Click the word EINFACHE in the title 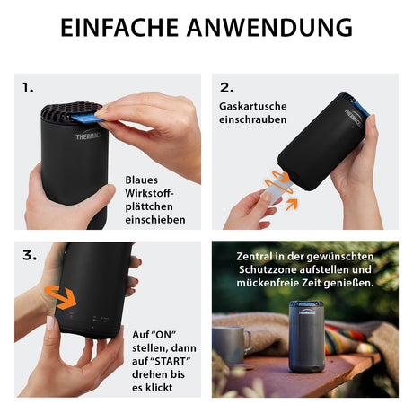(x=119, y=28)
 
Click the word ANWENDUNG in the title (x=270, y=28)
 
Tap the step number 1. (x=28, y=88)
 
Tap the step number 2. (x=227, y=88)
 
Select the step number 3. (x=30, y=256)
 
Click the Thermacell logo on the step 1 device (x=89, y=136)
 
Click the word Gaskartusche (x=253, y=107)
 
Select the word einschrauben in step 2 (x=253, y=119)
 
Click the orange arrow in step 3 (x=61, y=297)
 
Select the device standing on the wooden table (x=306, y=337)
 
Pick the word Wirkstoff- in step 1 (x=149, y=193)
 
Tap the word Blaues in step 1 (x=141, y=180)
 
